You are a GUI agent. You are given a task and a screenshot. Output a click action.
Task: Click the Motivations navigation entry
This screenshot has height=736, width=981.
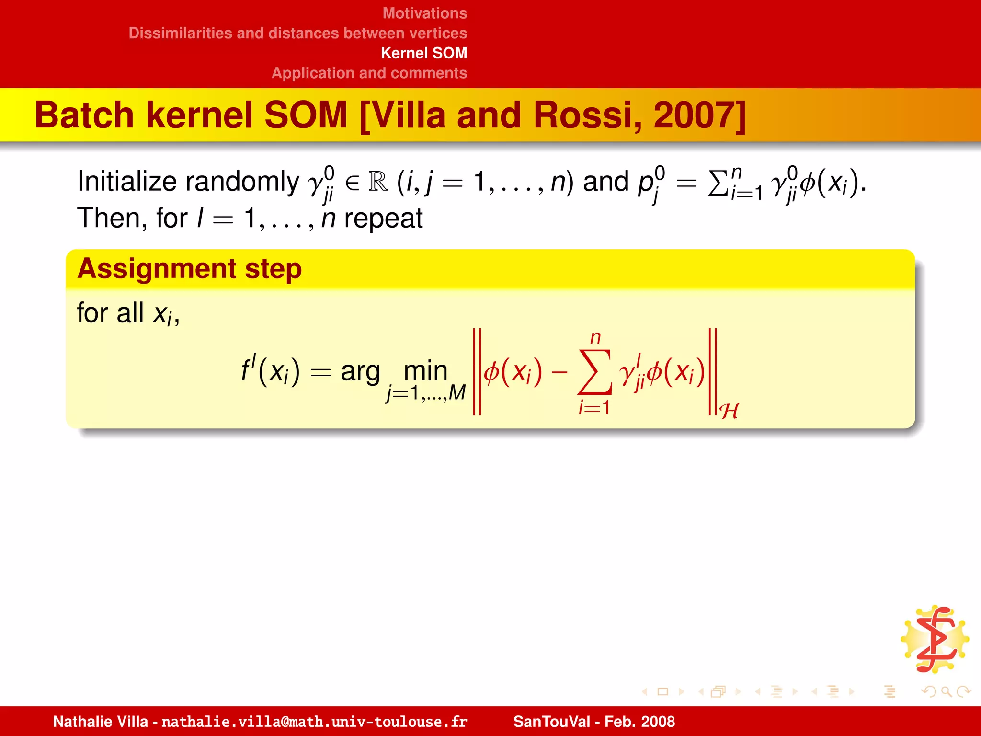[424, 13]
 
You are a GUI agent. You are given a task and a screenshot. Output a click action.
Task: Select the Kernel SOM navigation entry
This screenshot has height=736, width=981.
[423, 53]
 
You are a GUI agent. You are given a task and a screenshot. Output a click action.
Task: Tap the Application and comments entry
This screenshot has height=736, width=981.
[369, 73]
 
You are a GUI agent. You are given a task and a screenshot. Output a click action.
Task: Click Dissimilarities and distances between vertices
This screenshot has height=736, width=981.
[297, 33]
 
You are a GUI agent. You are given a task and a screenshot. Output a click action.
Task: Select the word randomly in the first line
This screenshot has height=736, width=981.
[242, 182]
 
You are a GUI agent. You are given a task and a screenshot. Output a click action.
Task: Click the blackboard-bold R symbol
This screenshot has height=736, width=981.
[378, 182]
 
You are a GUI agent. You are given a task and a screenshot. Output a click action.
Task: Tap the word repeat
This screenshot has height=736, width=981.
[383, 219]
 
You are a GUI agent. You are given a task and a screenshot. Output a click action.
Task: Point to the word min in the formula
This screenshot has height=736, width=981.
[425, 370]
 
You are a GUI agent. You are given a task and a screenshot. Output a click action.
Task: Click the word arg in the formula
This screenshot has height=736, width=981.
[360, 372]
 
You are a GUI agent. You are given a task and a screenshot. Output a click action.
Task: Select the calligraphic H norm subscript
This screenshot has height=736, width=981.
[729, 411]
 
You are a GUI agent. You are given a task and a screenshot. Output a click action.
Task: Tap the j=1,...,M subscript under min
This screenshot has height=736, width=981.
[426, 393]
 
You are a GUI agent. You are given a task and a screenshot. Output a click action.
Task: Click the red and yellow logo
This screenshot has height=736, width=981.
[935, 639]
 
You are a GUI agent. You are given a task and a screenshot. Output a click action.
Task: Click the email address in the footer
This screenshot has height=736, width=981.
[314, 722]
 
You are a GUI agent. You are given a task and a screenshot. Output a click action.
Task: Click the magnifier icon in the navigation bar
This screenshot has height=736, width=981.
[946, 691]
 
